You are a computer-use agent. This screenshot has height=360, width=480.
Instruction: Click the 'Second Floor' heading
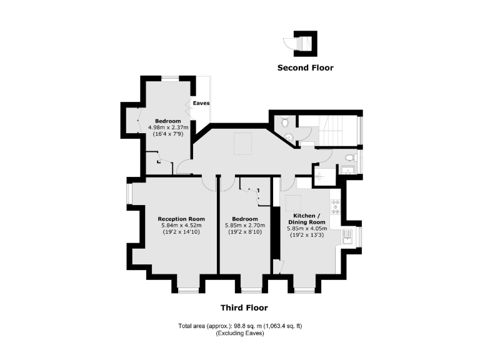click(x=305, y=67)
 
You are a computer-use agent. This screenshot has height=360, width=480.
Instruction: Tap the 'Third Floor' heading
click(x=244, y=307)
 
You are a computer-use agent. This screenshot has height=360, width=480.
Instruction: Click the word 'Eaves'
click(x=201, y=103)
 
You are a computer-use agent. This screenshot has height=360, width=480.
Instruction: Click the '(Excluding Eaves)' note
click(x=240, y=334)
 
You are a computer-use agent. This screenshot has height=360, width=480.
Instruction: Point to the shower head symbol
click(x=318, y=176)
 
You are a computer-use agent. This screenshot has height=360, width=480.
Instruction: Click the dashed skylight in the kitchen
click(x=294, y=204)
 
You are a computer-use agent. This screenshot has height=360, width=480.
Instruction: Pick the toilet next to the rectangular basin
click(x=350, y=157)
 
